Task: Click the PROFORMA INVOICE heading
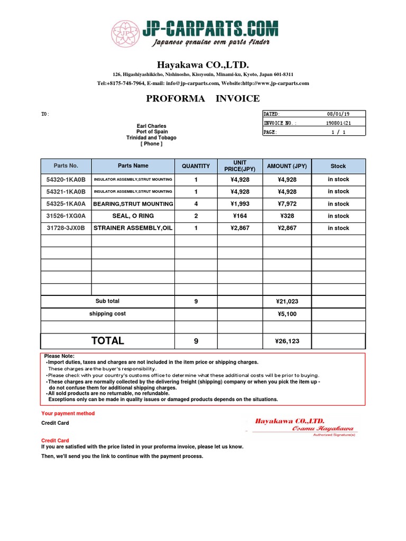pos(202,98)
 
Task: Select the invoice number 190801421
pos(338,123)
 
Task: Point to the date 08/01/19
pos(338,114)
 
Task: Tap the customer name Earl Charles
pos(151,126)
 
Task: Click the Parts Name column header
pos(133,166)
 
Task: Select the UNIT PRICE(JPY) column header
pos(239,166)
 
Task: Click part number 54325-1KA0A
pos(66,204)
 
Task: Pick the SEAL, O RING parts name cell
pos(133,216)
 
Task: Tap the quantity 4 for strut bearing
pos(196,204)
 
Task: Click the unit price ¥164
pos(239,216)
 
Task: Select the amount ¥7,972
pos(287,204)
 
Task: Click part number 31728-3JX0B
pos(66,228)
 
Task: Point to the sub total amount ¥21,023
pos(287,302)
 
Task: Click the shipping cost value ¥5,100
pos(287,314)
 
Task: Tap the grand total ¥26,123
pos(287,341)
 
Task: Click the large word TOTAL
pos(107,341)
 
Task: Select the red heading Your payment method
pos(68,414)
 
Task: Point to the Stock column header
pos(338,166)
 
